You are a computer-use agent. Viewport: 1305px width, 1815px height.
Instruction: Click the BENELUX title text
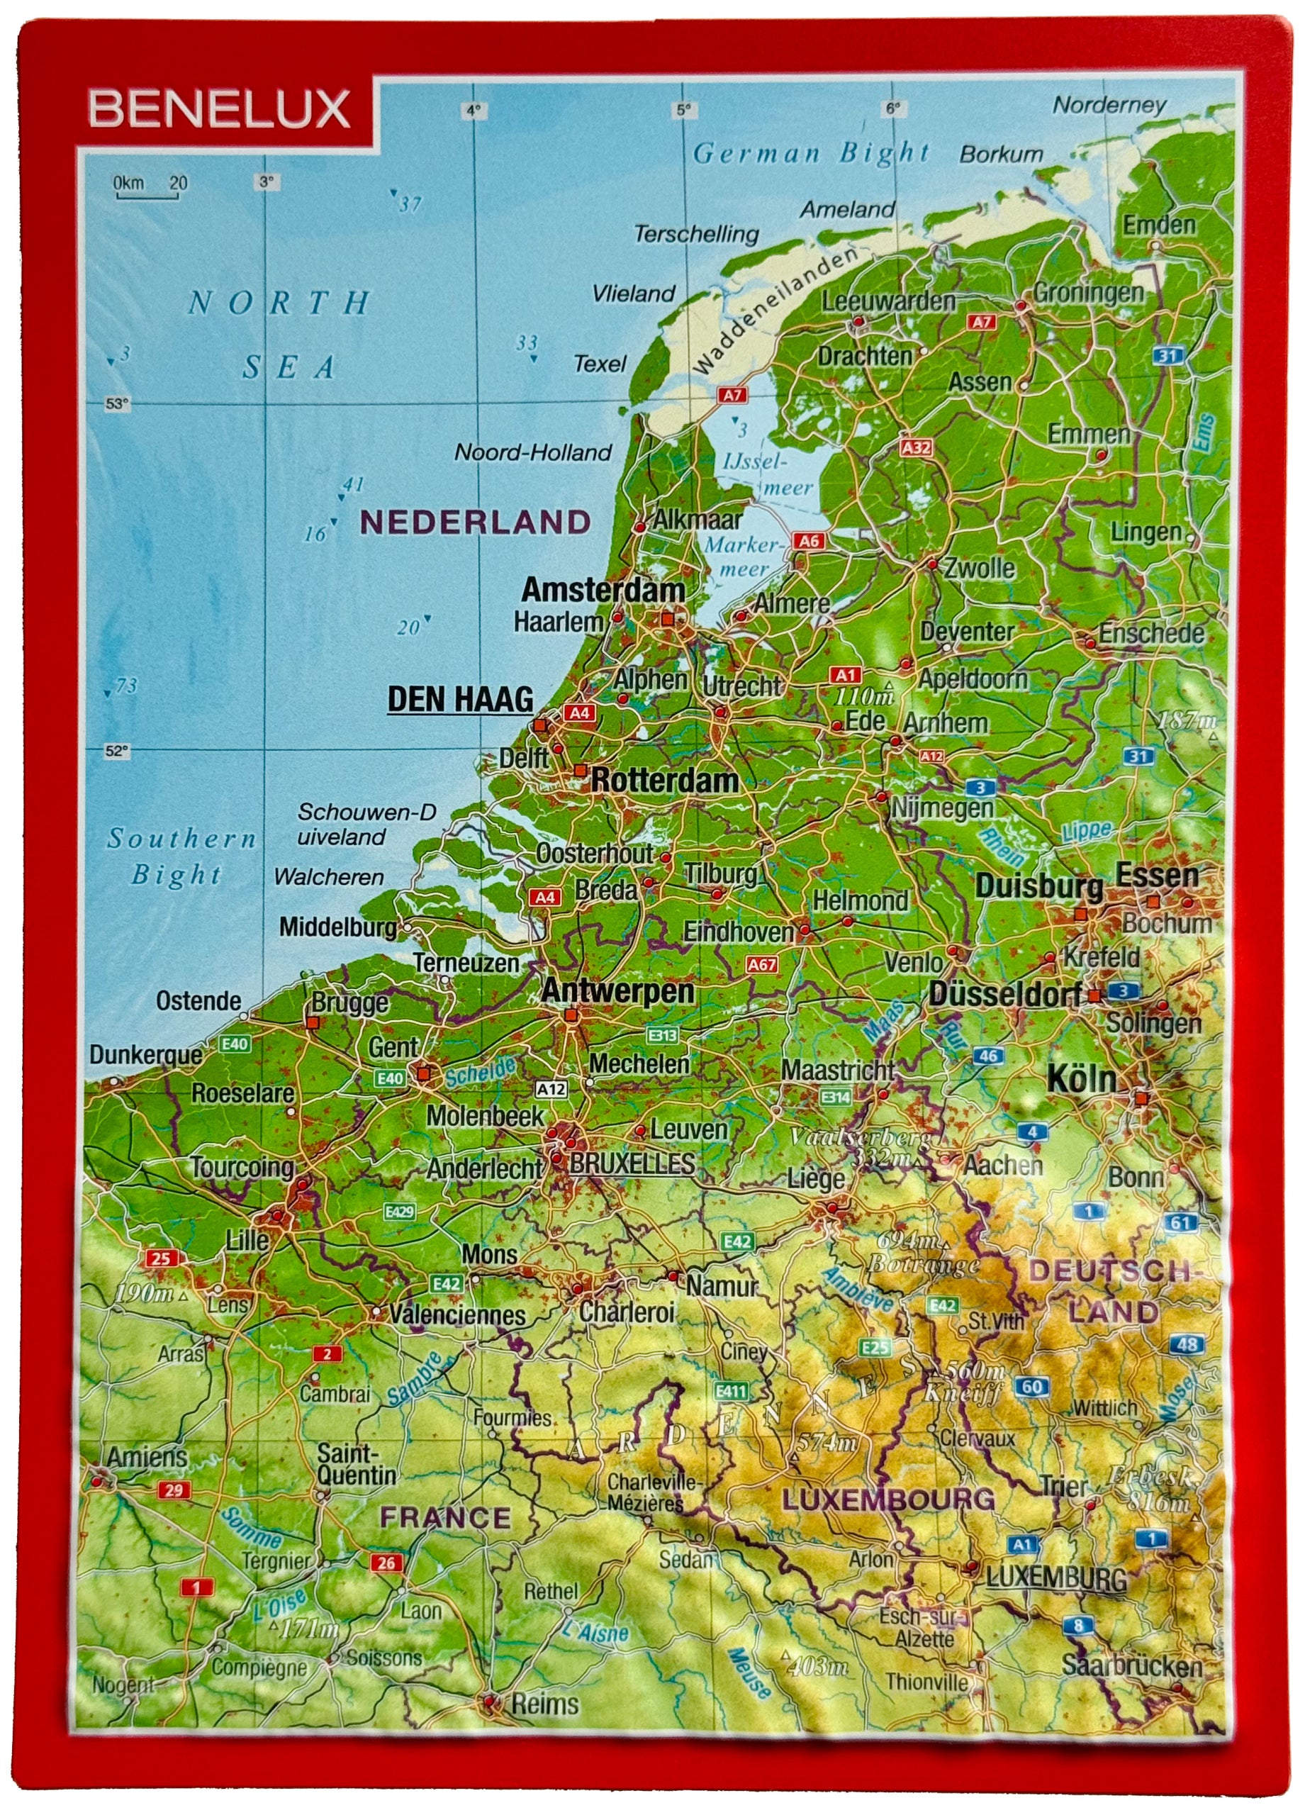[x=219, y=109]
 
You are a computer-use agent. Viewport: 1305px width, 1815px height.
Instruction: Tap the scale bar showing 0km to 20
[x=150, y=186]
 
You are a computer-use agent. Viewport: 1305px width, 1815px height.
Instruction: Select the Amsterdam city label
[x=603, y=591]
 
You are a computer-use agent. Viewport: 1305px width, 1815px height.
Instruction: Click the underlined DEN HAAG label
[x=460, y=698]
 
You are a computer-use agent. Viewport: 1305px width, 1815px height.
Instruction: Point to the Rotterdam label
[x=664, y=781]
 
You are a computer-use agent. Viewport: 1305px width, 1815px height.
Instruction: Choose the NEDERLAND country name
[x=476, y=523]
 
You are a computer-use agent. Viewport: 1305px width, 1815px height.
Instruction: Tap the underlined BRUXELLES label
[x=632, y=1163]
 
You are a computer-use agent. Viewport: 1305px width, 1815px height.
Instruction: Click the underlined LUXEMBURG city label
[x=1056, y=1577]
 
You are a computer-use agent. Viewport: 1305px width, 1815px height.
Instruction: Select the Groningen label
[x=1088, y=293]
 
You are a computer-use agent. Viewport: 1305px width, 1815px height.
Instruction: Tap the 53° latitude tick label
[x=117, y=404]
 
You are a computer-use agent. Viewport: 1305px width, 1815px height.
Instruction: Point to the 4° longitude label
[x=474, y=111]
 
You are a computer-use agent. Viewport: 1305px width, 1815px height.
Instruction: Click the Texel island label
[x=599, y=364]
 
